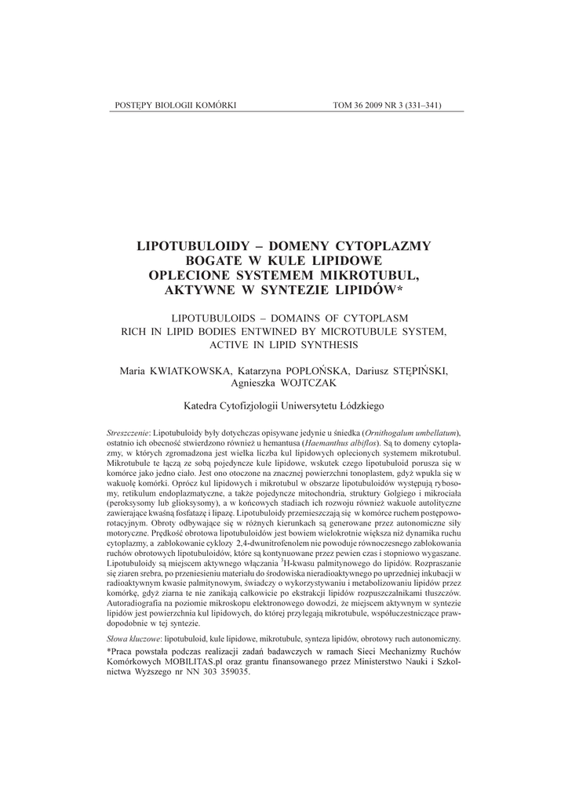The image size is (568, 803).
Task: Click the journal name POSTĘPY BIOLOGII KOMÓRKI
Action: pos(169,105)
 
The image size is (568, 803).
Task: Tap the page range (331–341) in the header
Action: pos(420,105)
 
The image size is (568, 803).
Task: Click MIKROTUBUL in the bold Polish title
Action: pos(370,275)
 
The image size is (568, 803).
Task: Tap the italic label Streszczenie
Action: pos(128,433)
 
